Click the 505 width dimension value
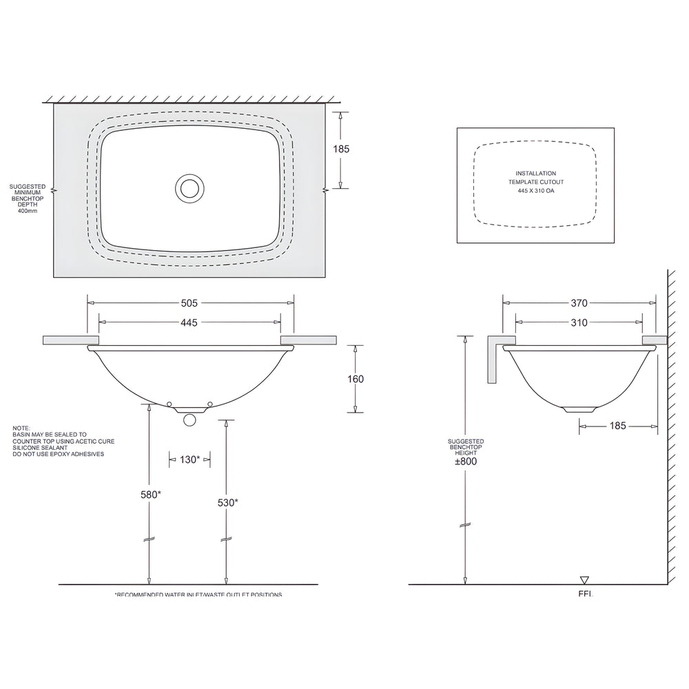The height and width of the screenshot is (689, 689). point(189,302)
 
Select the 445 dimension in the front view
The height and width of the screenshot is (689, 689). point(189,322)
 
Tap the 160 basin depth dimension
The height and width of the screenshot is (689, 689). point(356,379)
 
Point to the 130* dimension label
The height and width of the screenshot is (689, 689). point(189,460)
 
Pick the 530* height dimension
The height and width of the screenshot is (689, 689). point(227,503)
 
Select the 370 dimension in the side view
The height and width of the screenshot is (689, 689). point(579,302)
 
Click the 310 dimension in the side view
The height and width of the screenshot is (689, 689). point(579,322)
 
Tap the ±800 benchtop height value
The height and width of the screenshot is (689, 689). point(466,462)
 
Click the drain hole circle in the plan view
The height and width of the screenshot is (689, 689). point(189,188)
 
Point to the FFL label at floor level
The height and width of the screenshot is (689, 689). point(586,593)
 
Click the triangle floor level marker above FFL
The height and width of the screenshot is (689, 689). point(586,579)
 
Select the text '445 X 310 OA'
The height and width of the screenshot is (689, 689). point(536,189)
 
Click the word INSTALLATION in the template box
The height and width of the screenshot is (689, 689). point(536,174)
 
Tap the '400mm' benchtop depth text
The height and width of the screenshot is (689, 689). point(28,210)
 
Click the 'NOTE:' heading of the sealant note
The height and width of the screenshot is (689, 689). point(21,428)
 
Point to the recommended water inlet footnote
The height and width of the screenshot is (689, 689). point(198,594)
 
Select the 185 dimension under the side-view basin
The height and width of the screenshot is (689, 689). point(617,426)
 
